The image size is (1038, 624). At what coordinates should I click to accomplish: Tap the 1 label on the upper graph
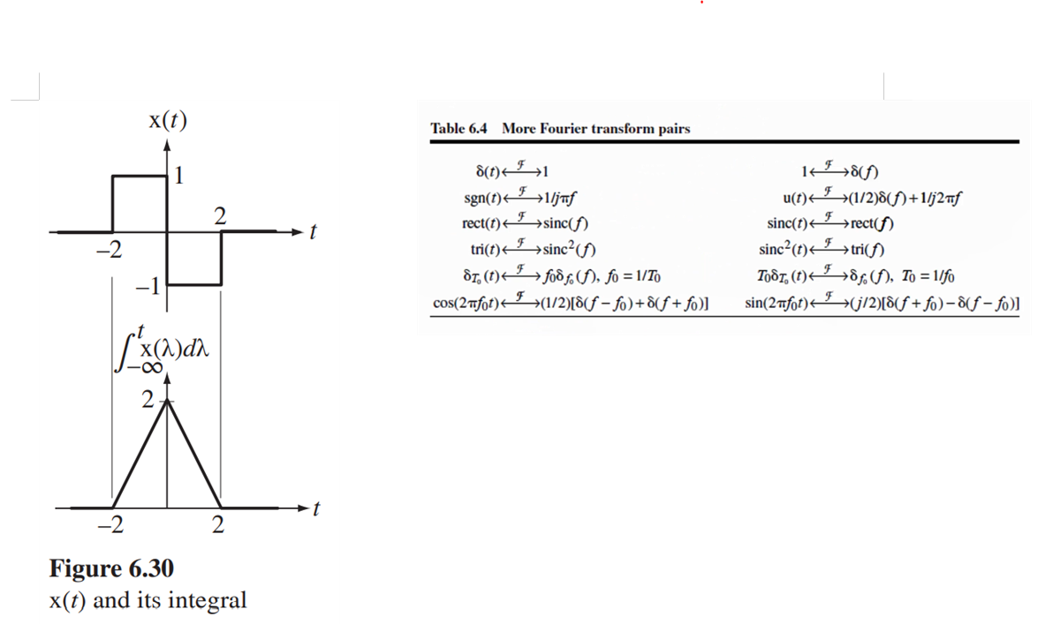(179, 176)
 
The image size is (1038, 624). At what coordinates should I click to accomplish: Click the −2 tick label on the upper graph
(108, 250)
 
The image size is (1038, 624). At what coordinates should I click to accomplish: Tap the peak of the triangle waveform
(167, 402)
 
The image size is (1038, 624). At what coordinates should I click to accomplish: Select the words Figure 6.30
(110, 568)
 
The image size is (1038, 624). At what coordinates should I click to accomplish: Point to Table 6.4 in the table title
(458, 129)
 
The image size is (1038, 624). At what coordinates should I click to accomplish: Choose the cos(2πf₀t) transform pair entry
(573, 304)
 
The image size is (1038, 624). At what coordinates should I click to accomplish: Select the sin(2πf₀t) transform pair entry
(882, 304)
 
